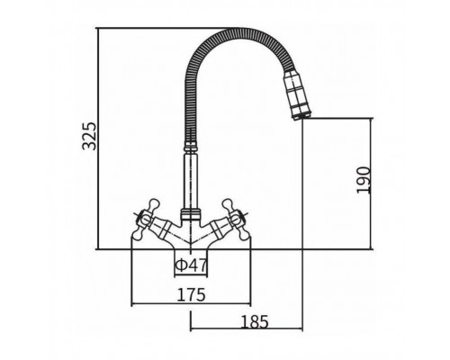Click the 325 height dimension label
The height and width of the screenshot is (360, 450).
(90, 136)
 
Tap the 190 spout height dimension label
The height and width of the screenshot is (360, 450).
(364, 180)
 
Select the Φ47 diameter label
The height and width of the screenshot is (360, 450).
(191, 265)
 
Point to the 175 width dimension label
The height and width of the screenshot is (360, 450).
(191, 294)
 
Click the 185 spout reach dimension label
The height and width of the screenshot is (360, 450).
(255, 322)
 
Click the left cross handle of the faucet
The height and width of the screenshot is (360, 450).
(143, 220)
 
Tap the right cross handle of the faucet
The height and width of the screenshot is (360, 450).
(238, 220)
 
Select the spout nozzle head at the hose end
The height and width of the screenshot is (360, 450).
(297, 94)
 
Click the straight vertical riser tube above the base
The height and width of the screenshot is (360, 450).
(191, 181)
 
